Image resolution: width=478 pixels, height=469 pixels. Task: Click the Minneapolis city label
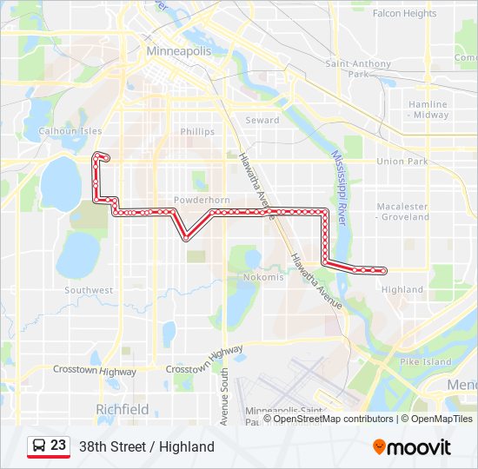[178, 51]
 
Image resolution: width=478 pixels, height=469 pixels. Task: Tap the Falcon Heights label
[404, 14]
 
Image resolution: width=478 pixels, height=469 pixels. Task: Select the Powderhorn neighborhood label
[202, 200]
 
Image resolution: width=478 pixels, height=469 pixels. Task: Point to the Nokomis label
[264, 277]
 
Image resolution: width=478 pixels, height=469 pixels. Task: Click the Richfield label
[122, 409]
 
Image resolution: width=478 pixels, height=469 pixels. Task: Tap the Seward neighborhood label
[262, 121]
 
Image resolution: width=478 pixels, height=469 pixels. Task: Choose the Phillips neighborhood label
[197, 132]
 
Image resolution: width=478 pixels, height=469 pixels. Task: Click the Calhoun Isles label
[70, 132]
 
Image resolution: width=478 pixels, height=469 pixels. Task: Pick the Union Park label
[402, 162]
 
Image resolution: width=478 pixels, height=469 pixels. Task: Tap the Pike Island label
[426, 361]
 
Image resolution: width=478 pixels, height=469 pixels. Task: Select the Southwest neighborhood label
[89, 290]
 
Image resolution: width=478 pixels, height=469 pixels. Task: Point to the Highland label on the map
[402, 290]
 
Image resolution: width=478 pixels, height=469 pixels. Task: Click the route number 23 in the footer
[58, 446]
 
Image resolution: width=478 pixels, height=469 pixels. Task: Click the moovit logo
[412, 447]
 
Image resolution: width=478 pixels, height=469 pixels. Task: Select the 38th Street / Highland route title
[146, 446]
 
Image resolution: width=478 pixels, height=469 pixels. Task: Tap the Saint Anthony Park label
[358, 69]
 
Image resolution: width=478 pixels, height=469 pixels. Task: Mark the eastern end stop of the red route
[383, 271]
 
